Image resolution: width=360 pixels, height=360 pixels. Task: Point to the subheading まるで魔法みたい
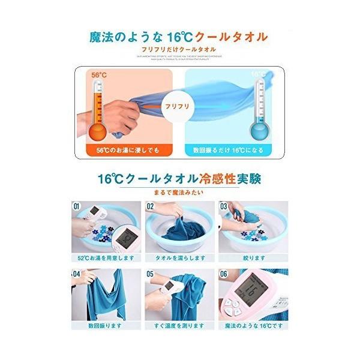pyautogui.click(x=179, y=192)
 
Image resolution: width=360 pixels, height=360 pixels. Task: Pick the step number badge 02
pyautogui.click(x=150, y=206)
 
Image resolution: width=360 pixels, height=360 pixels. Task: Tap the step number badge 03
pyautogui.click(x=223, y=206)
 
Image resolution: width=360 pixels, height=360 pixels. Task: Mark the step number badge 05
pyautogui.click(x=150, y=274)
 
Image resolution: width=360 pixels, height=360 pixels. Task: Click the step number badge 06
pyautogui.click(x=224, y=274)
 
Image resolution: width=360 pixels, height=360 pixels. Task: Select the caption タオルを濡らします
pyautogui.click(x=179, y=258)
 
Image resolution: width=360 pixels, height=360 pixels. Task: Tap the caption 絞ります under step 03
pyautogui.click(x=253, y=258)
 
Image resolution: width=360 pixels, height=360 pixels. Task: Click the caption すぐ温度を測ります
pyautogui.click(x=179, y=326)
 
